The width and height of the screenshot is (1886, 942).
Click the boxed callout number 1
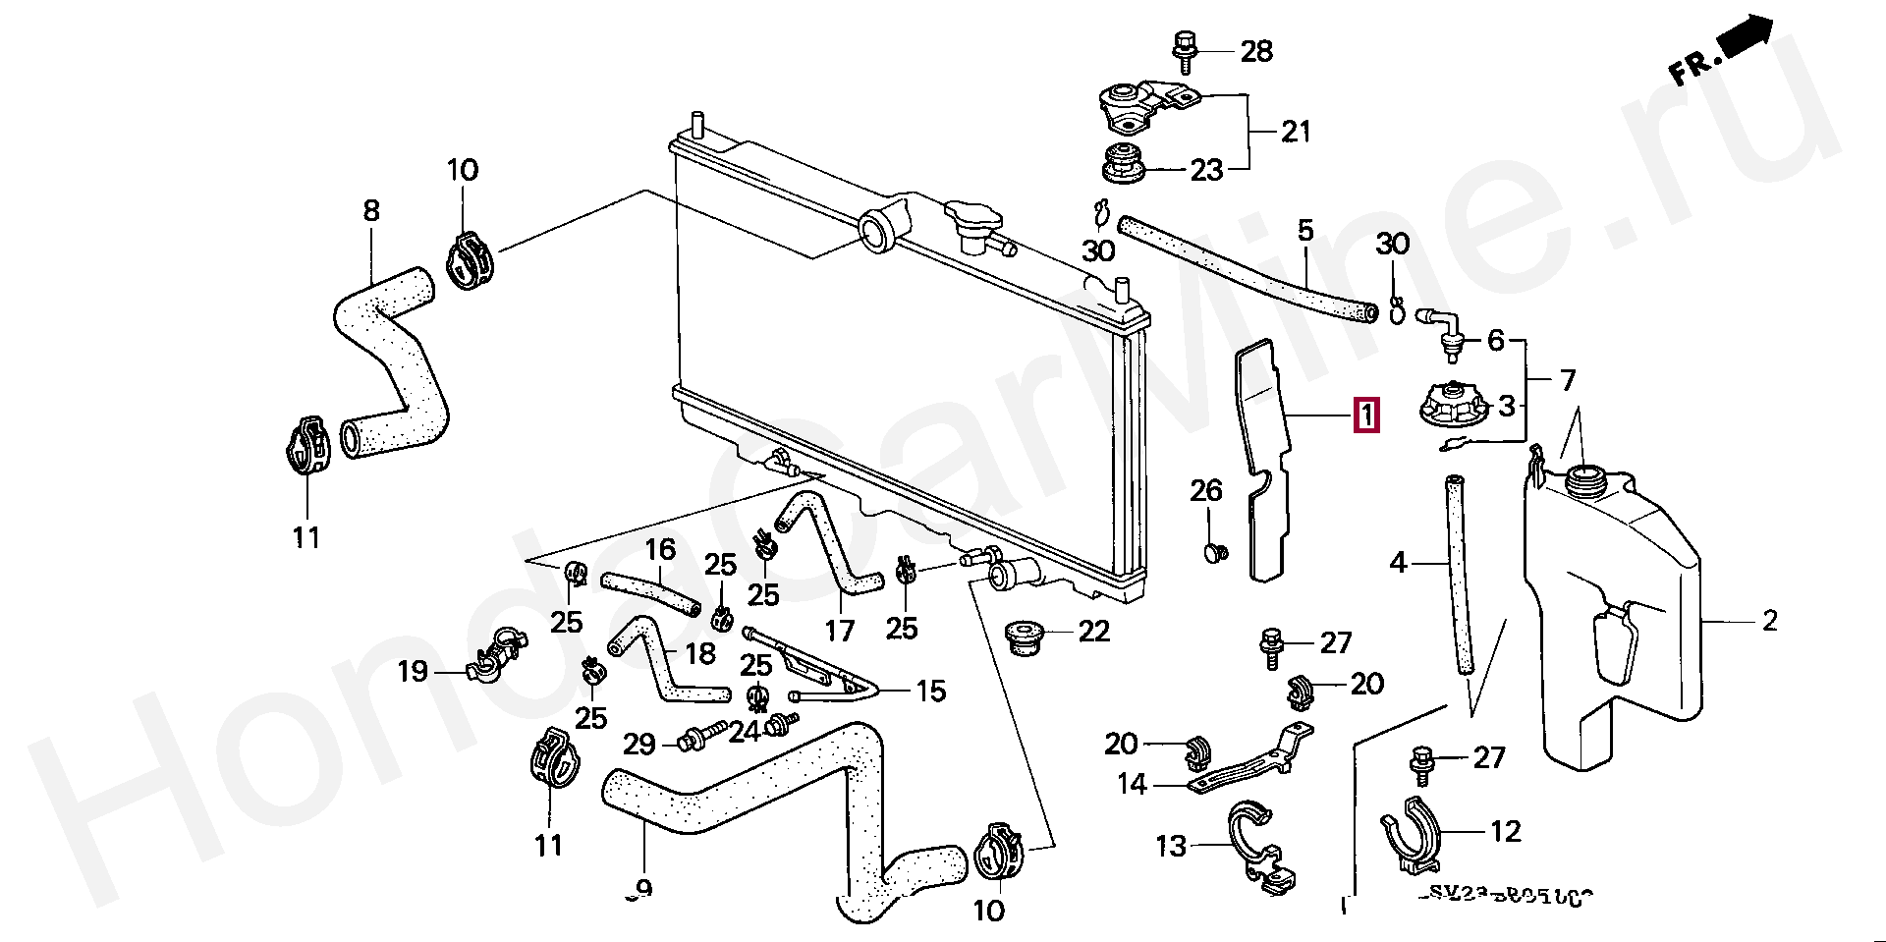tap(1366, 416)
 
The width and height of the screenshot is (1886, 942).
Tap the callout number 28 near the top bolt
tap(1256, 50)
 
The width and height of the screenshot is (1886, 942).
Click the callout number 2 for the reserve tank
tap(1769, 621)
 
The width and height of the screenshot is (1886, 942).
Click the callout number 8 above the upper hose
tap(371, 210)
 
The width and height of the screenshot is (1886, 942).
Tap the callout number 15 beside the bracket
tap(930, 691)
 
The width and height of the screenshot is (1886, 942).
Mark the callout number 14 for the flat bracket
tap(1132, 784)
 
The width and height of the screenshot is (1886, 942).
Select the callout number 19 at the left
tap(413, 672)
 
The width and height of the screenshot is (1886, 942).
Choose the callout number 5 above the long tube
tap(1304, 231)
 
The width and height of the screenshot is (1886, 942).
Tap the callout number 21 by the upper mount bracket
tap(1296, 131)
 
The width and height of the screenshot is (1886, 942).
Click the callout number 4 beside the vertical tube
tap(1398, 563)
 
